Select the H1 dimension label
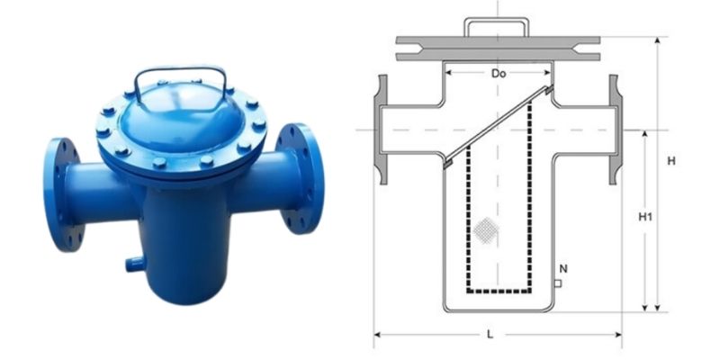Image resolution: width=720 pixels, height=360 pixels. pyautogui.click(x=644, y=217)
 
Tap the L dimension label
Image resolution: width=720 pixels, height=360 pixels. pyautogui.click(x=490, y=334)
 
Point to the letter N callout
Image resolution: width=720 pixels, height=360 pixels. pyautogui.click(x=563, y=268)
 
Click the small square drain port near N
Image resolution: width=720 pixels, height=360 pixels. pyautogui.click(x=559, y=283)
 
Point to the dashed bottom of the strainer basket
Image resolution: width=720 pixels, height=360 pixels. pyautogui.click(x=499, y=292)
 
